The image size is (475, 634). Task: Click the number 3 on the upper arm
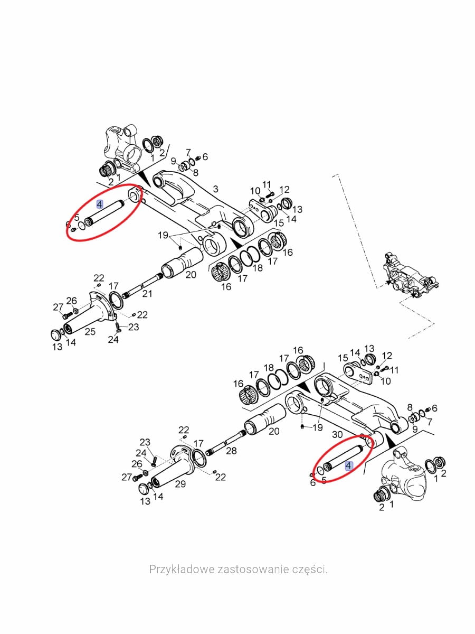215,189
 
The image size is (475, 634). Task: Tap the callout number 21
147,294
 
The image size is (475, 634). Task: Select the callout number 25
90,331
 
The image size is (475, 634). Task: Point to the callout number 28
231,450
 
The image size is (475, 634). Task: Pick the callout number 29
180,483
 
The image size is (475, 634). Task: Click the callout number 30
337,434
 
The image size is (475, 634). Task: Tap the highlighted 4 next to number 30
348,465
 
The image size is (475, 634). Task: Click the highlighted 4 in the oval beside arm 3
100,204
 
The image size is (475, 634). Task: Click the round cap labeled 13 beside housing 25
54,334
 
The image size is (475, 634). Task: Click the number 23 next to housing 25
133,327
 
